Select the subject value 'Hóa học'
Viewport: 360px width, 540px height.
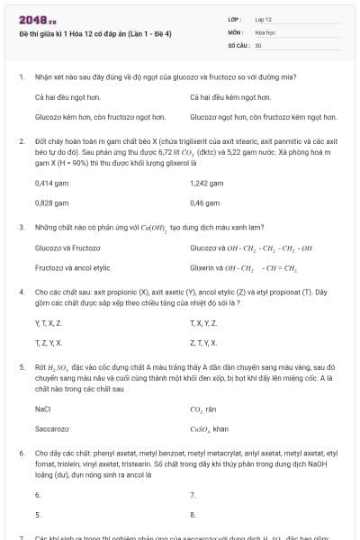[x=265, y=31]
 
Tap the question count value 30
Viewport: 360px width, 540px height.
[x=258, y=44]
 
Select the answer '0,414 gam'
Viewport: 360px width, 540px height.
[x=51, y=183]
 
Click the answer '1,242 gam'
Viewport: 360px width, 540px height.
[x=207, y=183]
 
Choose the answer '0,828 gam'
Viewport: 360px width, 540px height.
[x=51, y=203]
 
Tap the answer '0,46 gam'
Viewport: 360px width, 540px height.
[x=205, y=203]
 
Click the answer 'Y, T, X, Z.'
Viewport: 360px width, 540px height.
[x=49, y=322]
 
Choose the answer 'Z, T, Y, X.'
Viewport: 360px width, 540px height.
[x=202, y=343]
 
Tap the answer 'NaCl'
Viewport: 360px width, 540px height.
[x=42, y=408]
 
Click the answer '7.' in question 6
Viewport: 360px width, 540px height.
[x=193, y=494]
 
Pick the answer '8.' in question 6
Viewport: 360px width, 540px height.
[x=193, y=515]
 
